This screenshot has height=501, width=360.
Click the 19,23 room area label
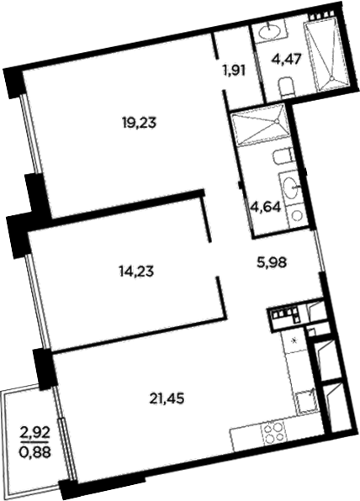(140, 122)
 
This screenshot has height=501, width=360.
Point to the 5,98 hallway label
(269, 261)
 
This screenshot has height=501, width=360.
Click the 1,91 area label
(234, 70)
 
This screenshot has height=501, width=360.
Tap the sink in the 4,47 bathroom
(270, 33)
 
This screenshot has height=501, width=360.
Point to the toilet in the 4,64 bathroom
(284, 156)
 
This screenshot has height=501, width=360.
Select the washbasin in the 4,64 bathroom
(294, 186)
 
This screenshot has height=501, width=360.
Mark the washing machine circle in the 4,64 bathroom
(297, 214)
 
